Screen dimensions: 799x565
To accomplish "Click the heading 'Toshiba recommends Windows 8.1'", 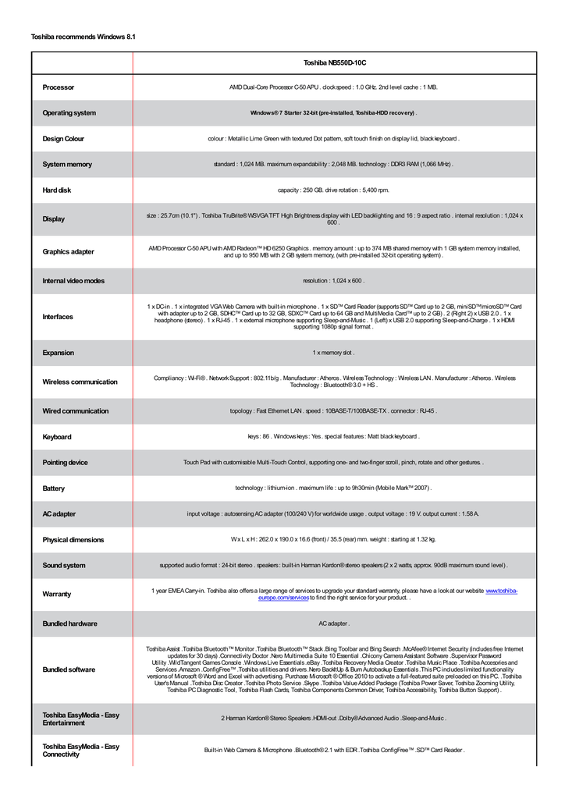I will tap(83, 37).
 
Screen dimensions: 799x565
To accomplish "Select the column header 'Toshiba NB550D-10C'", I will tap(334, 62).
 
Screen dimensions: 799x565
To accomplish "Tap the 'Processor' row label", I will tap(59, 87).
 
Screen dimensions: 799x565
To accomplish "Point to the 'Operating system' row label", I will tap(69, 113).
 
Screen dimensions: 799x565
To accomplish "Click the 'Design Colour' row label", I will tap(63, 139).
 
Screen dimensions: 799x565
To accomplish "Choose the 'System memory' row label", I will tap(67, 165).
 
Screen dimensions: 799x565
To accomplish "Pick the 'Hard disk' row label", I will tap(57, 190).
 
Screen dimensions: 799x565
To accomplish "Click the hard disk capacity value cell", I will tap(333, 190).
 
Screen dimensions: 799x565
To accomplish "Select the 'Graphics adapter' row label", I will tap(69, 252).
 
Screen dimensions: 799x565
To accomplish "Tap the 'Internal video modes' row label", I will tap(73, 281).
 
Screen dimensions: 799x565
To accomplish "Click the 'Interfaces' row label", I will tap(58, 317).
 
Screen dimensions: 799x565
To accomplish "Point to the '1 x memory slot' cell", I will tap(333, 353).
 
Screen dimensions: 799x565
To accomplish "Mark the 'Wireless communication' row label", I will tap(80, 382).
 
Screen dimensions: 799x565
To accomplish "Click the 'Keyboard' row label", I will tap(57, 437).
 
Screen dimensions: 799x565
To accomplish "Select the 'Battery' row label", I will tap(55, 488).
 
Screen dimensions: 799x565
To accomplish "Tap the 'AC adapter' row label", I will tap(59, 514).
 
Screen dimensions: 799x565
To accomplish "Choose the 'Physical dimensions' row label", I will tap(73, 540).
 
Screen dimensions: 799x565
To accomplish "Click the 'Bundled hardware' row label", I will tap(70, 623).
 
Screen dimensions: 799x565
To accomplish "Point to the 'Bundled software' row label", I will tap(69, 669).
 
